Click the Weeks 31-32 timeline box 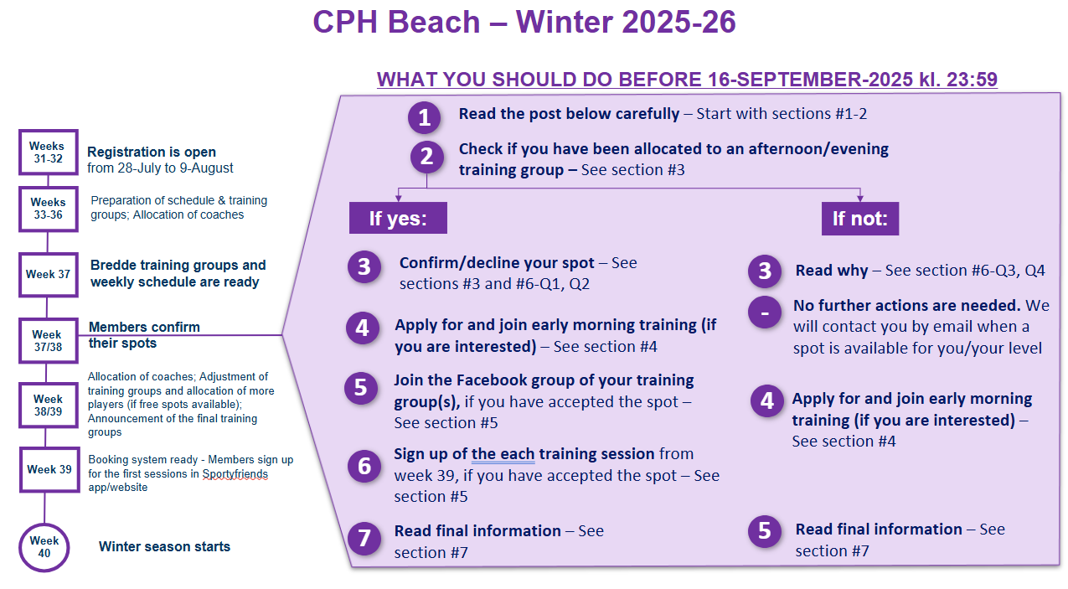click(48, 152)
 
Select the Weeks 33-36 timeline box click(48, 209)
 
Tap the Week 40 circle click(44, 547)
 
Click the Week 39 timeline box click(49, 469)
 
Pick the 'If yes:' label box click(398, 218)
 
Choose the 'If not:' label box click(860, 219)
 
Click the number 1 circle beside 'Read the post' click(424, 117)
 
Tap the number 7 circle click(364, 539)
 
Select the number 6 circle click(364, 466)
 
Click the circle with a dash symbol click(765, 313)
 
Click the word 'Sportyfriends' click(235, 473)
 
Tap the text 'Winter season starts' click(164, 546)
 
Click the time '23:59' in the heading click(972, 79)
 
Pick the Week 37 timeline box click(48, 275)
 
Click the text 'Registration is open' click(152, 152)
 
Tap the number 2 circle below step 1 click(426, 157)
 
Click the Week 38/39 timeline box click(48, 405)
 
